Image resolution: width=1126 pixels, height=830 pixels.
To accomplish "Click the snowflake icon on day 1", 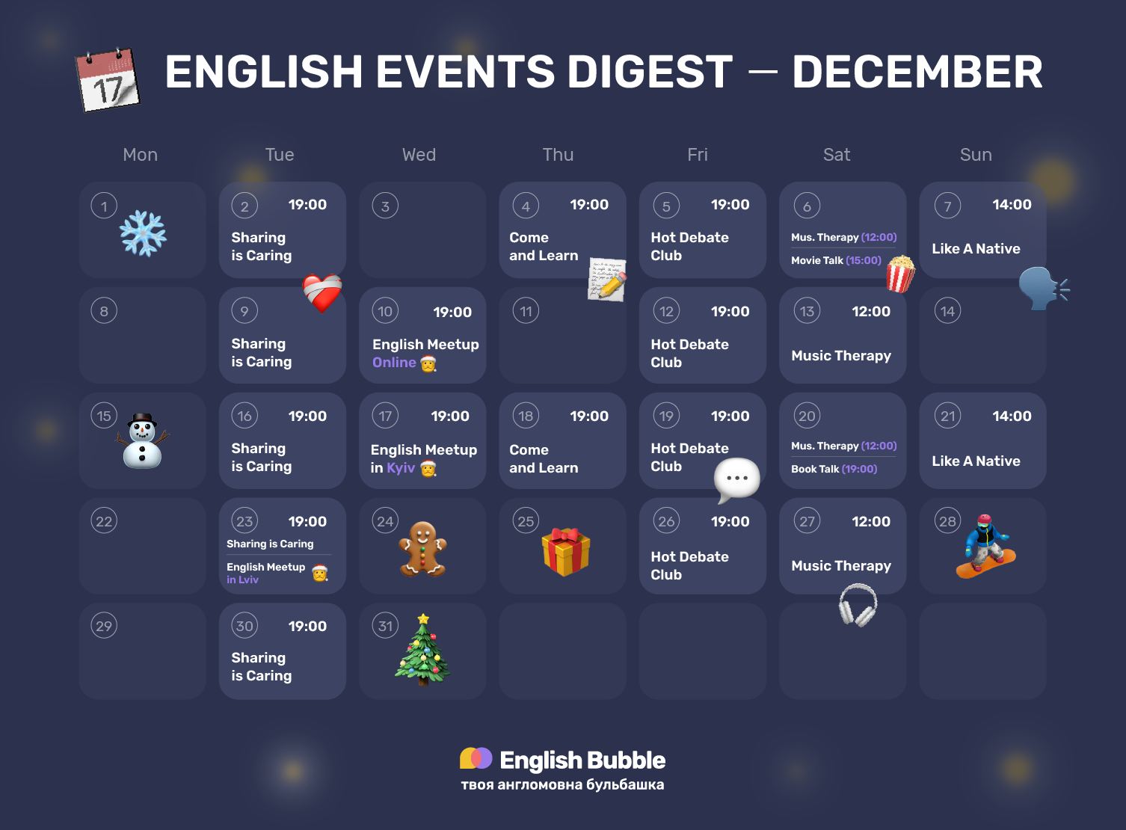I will coord(143,233).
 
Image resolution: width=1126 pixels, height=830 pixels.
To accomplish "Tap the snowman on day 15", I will coord(142,441).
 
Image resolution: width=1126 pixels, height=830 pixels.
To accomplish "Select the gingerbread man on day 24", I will coord(423,549).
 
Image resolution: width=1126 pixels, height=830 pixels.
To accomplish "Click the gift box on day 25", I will coord(566,551).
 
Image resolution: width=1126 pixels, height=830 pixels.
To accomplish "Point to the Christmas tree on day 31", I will coord(423,650).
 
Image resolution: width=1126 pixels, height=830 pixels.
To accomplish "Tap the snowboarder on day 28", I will coord(986,547).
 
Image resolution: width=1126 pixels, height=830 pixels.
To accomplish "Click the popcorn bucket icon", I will coord(900,274).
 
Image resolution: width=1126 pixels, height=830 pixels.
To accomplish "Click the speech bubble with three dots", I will coord(736,479).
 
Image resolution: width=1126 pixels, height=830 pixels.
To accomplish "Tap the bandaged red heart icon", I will coord(322,292).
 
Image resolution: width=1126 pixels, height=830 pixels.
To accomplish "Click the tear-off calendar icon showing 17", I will coord(108,80).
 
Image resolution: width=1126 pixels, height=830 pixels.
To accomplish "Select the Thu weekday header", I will coord(558,155).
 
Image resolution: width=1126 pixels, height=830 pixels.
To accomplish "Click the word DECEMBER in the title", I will coord(917,72).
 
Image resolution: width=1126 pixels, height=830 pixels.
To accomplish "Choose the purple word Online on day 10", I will coord(394,363).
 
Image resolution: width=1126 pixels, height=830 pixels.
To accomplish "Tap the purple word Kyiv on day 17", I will coord(401,468).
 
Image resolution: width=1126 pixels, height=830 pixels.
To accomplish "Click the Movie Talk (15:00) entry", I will coord(836,260).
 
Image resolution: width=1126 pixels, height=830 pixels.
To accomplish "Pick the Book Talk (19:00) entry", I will coord(834,469).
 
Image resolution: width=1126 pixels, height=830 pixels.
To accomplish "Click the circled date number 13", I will coord(807,311).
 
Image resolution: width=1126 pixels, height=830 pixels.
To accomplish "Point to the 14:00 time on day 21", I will coord(1012,416).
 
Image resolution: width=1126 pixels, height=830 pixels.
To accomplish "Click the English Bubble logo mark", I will coord(476,758).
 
